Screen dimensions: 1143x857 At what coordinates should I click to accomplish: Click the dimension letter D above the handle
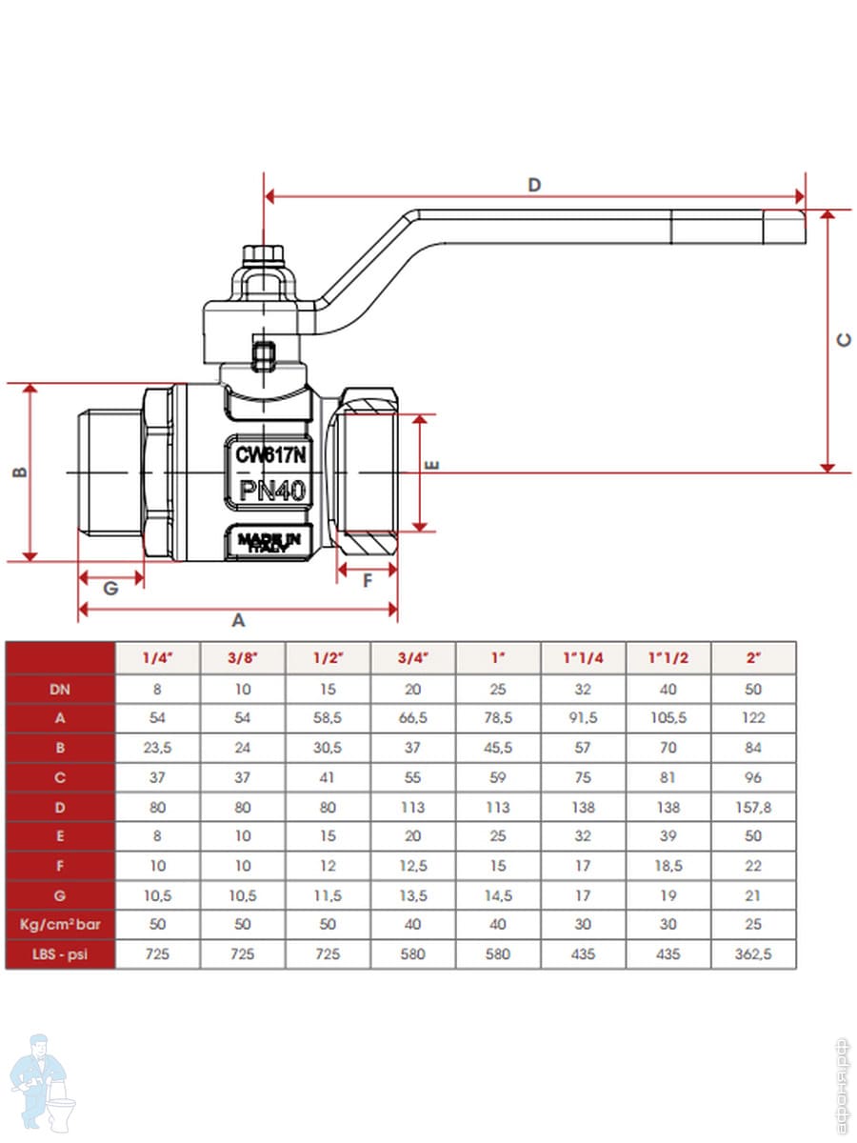pyautogui.click(x=534, y=185)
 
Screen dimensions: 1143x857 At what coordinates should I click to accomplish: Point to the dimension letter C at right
pyautogui.click(x=844, y=340)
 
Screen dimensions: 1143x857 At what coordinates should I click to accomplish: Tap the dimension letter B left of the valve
pyautogui.click(x=17, y=471)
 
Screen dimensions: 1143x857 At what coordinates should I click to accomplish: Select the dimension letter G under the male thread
pyautogui.click(x=110, y=589)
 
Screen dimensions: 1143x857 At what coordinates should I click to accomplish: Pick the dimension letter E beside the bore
pyautogui.click(x=430, y=466)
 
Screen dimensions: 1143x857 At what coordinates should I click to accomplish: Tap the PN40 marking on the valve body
pyautogui.click(x=271, y=491)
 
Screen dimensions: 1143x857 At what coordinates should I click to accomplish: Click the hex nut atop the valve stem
pyautogui.click(x=261, y=254)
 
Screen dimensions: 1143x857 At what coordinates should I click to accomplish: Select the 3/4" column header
pyautogui.click(x=413, y=658)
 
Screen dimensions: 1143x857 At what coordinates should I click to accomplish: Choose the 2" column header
pyautogui.click(x=753, y=658)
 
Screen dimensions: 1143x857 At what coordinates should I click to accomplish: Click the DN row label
pyautogui.click(x=60, y=689)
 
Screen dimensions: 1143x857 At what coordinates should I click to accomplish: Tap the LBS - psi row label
pyautogui.click(x=60, y=953)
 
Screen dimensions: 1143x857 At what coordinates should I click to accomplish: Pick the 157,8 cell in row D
pyautogui.click(x=753, y=807)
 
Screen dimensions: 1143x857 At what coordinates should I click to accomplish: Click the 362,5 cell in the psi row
pyautogui.click(x=753, y=953)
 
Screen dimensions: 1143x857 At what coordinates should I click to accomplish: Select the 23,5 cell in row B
pyautogui.click(x=157, y=748)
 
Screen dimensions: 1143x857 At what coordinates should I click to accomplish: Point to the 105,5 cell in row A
pyautogui.click(x=668, y=718)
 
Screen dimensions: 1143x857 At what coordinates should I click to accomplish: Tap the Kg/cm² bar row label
pyautogui.click(x=60, y=924)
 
